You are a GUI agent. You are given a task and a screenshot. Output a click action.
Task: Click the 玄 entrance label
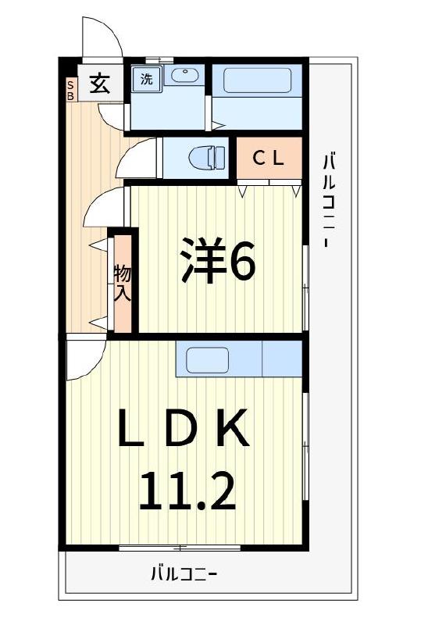click(x=99, y=83)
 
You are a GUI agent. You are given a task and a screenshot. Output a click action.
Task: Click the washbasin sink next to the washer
click(x=184, y=77)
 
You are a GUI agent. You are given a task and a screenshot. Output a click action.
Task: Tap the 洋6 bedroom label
click(x=218, y=262)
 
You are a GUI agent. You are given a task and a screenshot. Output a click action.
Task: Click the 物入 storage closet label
click(x=123, y=283)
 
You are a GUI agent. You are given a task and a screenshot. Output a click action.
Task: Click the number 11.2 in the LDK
click(x=187, y=490)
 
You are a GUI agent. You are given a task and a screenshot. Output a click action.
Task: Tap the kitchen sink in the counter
click(x=207, y=360)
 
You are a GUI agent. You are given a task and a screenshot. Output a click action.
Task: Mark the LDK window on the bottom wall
click(x=180, y=548)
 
